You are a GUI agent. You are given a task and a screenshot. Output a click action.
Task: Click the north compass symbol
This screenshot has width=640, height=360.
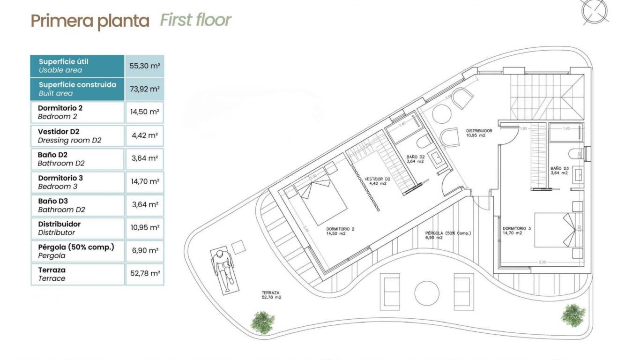tap(594, 11)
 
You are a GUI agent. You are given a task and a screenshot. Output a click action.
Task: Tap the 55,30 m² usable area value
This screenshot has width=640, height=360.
tap(144, 66)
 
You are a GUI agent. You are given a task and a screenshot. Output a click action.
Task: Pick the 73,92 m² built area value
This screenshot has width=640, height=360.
tap(144, 89)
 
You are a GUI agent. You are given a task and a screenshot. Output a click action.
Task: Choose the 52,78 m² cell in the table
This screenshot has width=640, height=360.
tap(144, 274)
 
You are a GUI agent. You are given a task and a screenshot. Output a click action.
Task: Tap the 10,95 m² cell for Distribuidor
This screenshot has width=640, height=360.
tap(144, 227)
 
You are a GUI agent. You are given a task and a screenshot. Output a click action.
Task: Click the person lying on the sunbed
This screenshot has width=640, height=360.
tap(223, 270)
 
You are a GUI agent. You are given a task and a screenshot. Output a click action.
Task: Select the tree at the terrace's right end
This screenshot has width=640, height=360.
tap(573, 315)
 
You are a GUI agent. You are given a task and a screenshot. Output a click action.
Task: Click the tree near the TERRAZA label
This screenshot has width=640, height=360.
tap(262, 322)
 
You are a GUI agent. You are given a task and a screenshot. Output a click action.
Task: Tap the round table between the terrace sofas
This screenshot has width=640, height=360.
tap(427, 292)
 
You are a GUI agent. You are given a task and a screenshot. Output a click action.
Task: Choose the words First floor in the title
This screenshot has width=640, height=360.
tap(195, 20)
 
